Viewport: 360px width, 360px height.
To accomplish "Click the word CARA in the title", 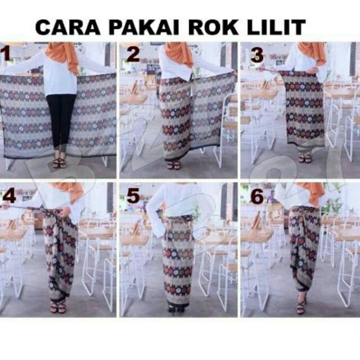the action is pos(68,28).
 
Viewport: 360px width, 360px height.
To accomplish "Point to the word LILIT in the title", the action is pos(276,28).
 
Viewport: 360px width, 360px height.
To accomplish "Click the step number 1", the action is pos(5,53).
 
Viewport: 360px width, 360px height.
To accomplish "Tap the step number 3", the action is pos(257,55).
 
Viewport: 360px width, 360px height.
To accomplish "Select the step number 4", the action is pos(9,196).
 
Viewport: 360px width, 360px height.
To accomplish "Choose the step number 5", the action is pos(133,196).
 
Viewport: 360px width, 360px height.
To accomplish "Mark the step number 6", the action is pos(257,197).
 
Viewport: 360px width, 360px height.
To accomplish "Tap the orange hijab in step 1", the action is pos(63,56).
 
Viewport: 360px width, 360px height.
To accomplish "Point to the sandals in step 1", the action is pos(60,161).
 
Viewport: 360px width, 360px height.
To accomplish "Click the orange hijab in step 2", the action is pos(179,54).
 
